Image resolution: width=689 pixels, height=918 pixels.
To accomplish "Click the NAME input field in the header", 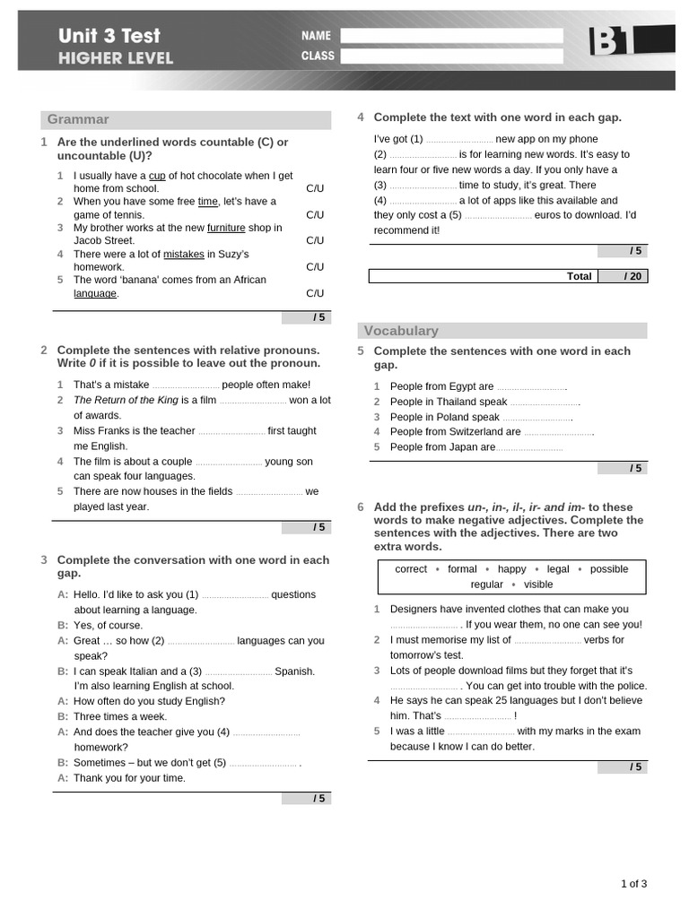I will tap(451, 36).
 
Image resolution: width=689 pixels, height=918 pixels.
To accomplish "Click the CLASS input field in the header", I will tap(451, 56).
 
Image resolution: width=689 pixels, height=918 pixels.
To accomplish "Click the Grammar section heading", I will tap(78, 119).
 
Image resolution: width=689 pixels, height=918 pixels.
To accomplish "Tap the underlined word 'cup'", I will tap(157, 176).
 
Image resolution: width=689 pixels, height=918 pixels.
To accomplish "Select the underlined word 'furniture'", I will tap(226, 228).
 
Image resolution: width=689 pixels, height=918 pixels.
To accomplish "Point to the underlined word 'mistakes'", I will tap(184, 254).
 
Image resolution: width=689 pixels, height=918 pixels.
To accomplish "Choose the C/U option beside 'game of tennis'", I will tap(315, 215).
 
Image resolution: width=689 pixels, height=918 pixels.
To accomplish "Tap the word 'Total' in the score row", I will tap(579, 276).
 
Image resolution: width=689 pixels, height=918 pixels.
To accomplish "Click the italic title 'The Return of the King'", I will tap(125, 400).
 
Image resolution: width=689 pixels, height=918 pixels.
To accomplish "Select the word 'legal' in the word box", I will tap(558, 569).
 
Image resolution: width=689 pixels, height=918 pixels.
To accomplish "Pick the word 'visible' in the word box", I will tap(538, 585).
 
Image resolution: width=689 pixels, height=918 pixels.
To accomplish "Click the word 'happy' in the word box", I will tap(511, 569).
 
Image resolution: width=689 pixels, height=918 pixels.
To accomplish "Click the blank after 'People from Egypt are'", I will tap(531, 387).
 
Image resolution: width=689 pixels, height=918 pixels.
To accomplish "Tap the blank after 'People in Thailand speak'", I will tap(545, 403).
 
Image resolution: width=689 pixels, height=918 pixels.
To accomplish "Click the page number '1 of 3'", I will tap(633, 884).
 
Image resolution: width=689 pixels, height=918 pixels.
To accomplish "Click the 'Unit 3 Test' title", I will tap(109, 36).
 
